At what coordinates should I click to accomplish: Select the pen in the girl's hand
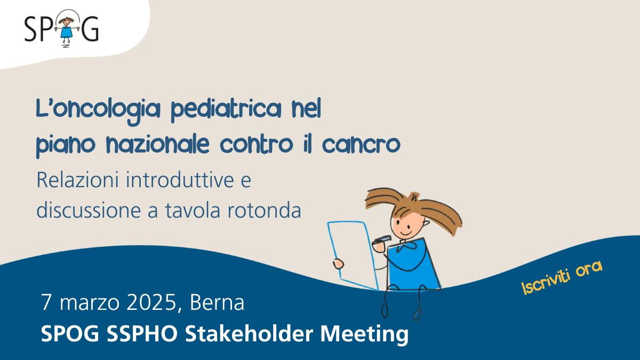(381, 239)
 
